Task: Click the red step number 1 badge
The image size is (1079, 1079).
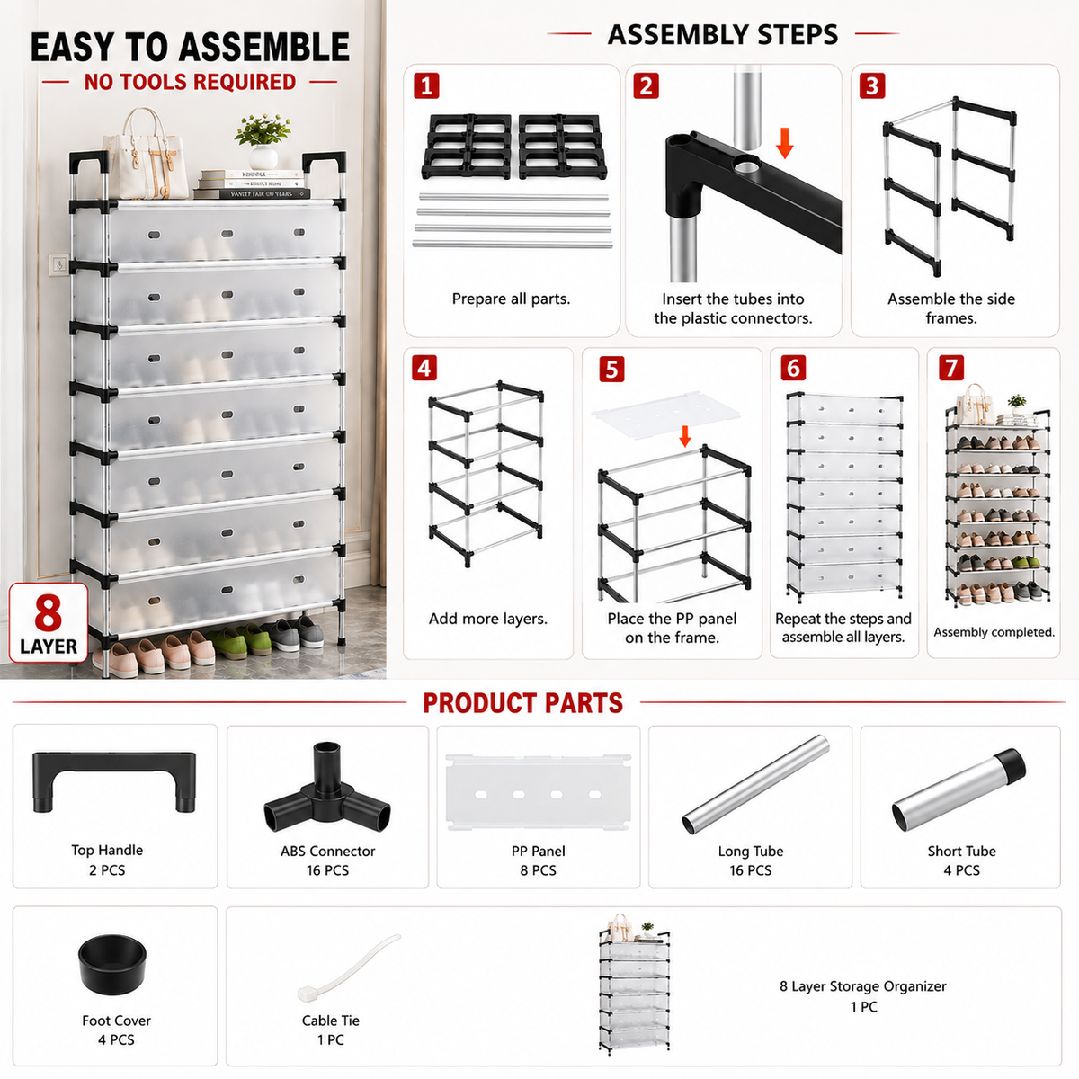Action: coord(426,86)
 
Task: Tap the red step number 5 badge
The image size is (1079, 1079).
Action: coord(611,370)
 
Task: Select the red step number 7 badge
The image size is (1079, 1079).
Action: coord(950,368)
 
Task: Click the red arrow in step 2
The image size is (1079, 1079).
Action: coord(784,143)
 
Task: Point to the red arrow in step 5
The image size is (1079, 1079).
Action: coord(684,436)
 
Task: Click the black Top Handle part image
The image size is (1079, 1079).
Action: coord(114,781)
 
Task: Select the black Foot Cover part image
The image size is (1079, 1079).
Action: coord(112,964)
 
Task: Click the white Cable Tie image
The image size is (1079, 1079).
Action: coord(348,967)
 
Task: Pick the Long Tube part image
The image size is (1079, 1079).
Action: coord(755,784)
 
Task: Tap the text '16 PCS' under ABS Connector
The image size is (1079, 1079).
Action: coord(327,870)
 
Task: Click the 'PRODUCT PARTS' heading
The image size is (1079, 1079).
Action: coord(522,703)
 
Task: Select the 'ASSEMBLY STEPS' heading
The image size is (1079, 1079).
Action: coord(723,35)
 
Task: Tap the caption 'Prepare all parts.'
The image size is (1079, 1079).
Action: coord(511,299)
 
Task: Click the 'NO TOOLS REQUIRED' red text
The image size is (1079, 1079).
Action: coord(190,83)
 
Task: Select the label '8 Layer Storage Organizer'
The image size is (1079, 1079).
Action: coord(863,986)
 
